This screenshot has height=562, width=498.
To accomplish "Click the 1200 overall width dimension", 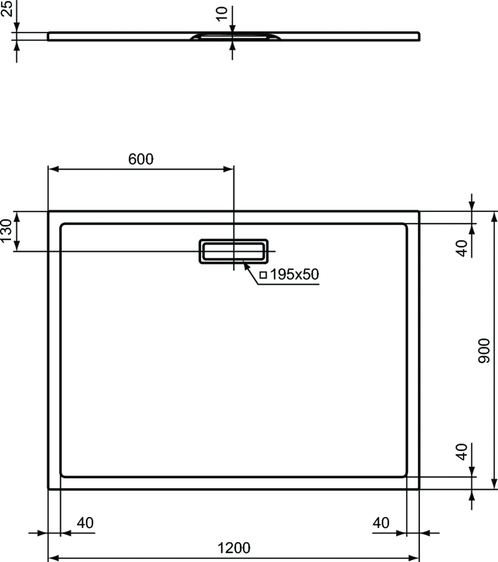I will [x=234, y=547].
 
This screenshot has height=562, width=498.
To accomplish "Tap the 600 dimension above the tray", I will [x=141, y=159].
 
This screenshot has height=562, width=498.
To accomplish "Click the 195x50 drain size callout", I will [x=295, y=274].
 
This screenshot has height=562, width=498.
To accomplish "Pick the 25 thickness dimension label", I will [x=7, y=9].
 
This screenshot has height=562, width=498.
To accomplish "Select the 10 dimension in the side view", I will [x=222, y=14].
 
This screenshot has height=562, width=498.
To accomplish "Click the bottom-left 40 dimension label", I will [x=85, y=523].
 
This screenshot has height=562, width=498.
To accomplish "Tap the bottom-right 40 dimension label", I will [x=381, y=523].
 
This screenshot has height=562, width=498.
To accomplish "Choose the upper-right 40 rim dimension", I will [x=462, y=248].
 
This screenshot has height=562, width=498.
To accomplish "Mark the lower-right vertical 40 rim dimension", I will [x=462, y=452].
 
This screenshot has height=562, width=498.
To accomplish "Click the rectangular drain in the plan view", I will [x=233, y=251].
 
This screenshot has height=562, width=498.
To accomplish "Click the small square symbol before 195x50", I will [x=263, y=275].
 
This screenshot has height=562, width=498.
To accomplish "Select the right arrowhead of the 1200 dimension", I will [x=415, y=558].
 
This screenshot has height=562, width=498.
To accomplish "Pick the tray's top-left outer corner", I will [x=49, y=211].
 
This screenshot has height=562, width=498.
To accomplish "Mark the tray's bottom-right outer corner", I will [x=419, y=488].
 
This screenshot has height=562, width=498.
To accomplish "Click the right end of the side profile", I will [x=419, y=36].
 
